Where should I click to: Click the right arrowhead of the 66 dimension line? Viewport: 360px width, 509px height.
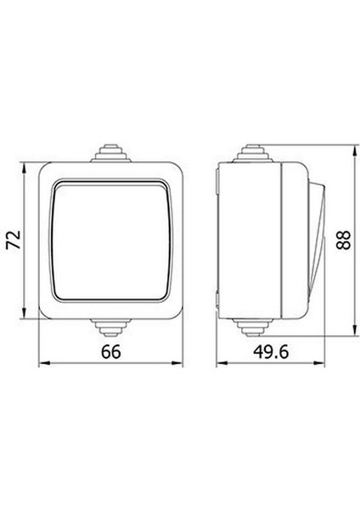point(179,367)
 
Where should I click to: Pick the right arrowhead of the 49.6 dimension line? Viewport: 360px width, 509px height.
point(323,367)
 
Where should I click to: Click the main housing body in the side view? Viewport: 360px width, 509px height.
point(255,239)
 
